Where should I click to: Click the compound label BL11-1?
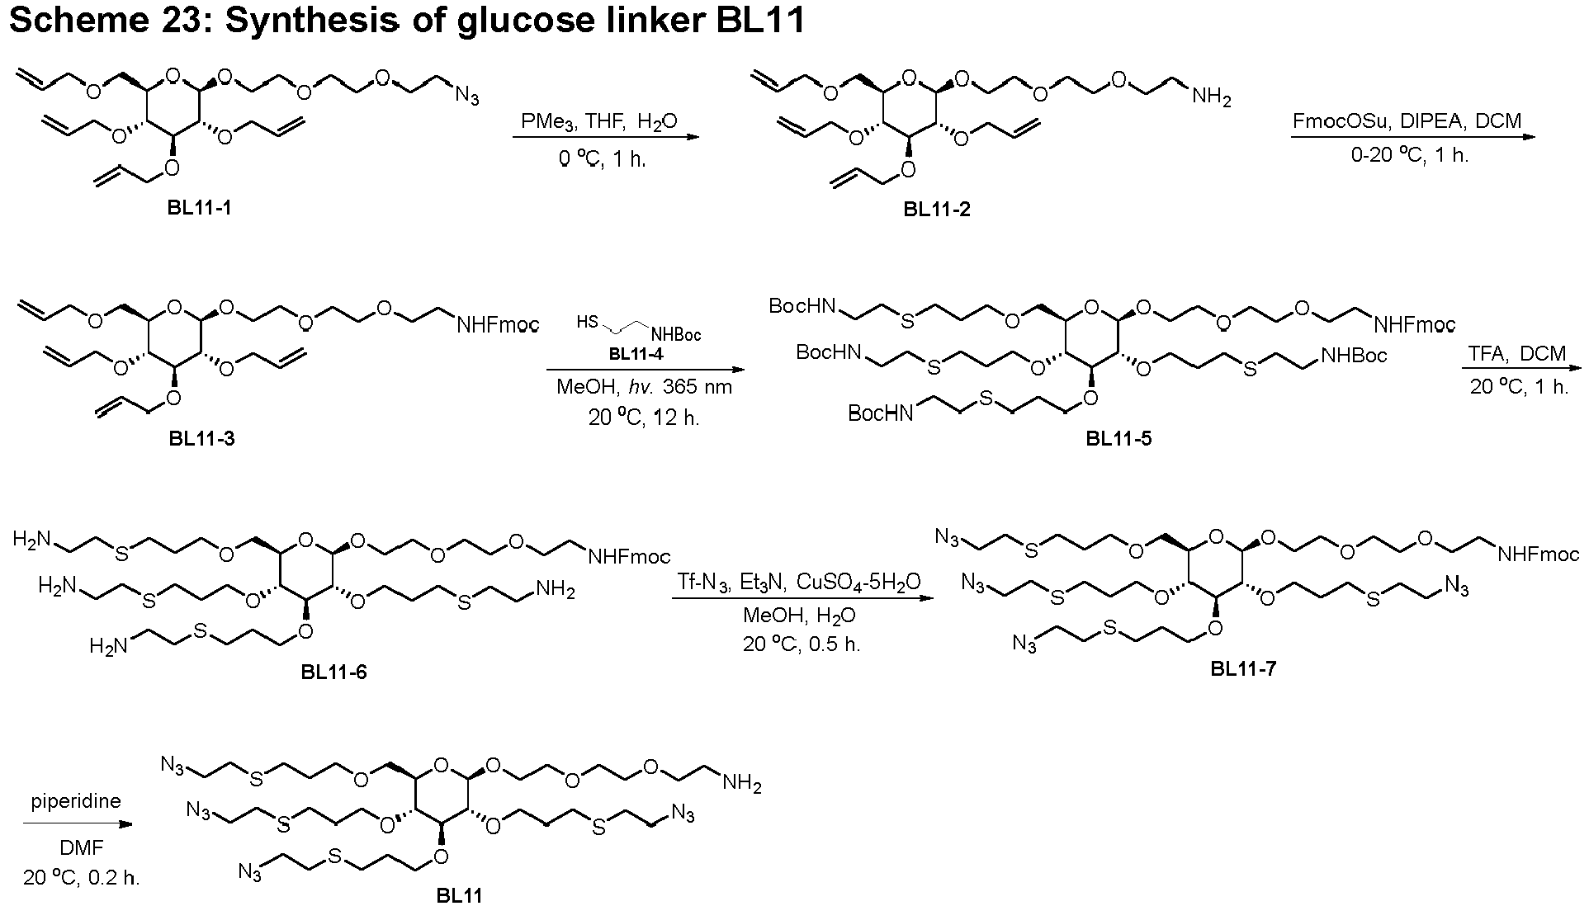point(200,207)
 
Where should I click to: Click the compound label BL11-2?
point(937,209)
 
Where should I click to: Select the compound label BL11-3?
point(201,438)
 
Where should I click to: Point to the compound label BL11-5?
point(1118,439)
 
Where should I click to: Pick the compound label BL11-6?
point(333,672)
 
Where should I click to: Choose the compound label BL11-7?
point(1243,668)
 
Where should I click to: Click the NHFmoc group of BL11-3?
point(498,324)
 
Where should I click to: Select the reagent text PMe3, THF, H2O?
point(598,121)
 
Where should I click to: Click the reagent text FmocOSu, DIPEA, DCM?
point(1407,120)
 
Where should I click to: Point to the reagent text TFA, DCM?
point(1516,353)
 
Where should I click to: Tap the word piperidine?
point(76,800)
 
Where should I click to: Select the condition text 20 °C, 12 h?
point(644,417)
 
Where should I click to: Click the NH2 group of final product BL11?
point(741,782)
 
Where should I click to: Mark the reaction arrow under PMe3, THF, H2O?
point(599,139)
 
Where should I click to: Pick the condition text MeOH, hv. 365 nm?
point(645,386)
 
